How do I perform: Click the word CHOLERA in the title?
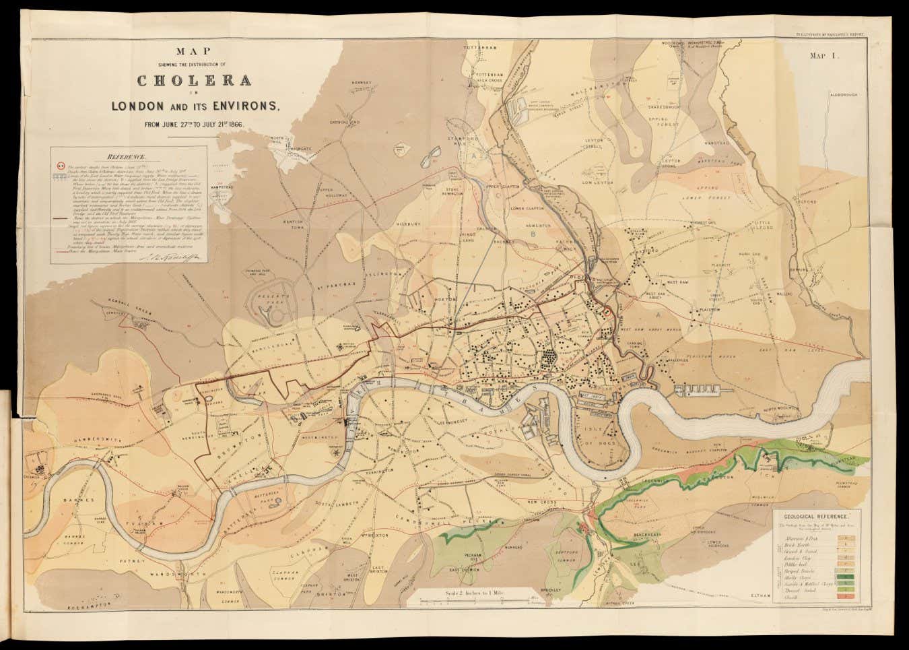pyautogui.click(x=195, y=80)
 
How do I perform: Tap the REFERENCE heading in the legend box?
pyautogui.click(x=135, y=156)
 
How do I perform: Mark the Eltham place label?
pyautogui.click(x=760, y=595)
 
